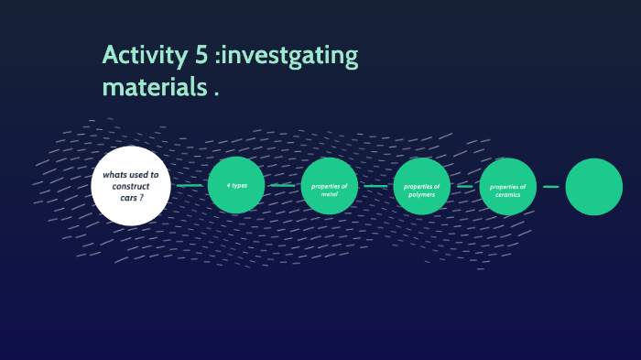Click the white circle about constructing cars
131,186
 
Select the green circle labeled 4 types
236,186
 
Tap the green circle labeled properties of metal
329,186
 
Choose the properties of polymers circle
422,186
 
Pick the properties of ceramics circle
507,186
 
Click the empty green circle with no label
593,186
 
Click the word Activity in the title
144,56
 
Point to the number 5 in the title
201,56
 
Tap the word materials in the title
152,88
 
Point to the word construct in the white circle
131,186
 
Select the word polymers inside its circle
422,194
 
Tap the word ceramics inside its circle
507,194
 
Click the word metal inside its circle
329,194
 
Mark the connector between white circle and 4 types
190,186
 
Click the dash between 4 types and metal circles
282,186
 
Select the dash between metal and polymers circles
375,186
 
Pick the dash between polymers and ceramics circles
465,186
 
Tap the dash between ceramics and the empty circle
550,186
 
